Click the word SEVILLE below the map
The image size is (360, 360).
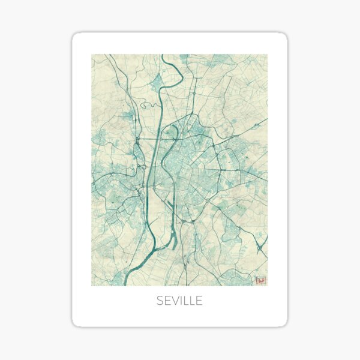click(x=179, y=301)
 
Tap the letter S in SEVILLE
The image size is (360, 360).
click(x=160, y=301)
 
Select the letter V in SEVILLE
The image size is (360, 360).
click(x=175, y=301)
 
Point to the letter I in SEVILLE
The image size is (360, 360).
click(x=182, y=301)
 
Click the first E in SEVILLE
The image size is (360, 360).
click(x=167, y=301)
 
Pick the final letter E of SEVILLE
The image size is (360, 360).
click(x=199, y=301)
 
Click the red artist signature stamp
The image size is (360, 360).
click(x=260, y=280)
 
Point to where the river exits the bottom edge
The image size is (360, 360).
click(x=125, y=284)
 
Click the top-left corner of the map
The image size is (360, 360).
click(x=92, y=55)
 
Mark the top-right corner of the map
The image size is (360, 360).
click(x=268, y=55)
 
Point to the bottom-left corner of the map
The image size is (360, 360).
click(x=92, y=285)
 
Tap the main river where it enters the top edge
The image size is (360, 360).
click(x=163, y=55)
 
